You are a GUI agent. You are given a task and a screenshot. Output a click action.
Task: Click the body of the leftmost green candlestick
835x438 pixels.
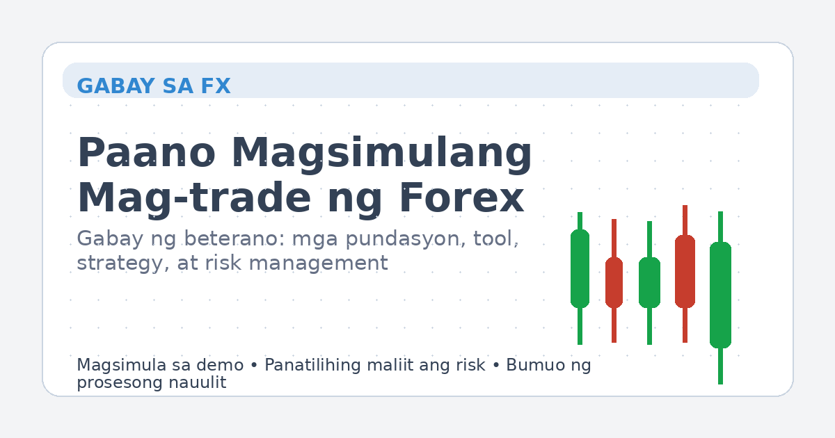point(580,268)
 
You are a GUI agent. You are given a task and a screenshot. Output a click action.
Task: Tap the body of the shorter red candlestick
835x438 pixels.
point(614,282)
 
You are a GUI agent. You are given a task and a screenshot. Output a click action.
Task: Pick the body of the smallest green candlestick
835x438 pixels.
point(649,282)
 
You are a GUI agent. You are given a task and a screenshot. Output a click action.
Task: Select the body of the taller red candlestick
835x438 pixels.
point(685,271)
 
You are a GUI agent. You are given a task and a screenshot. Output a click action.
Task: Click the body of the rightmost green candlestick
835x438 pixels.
point(720,295)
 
